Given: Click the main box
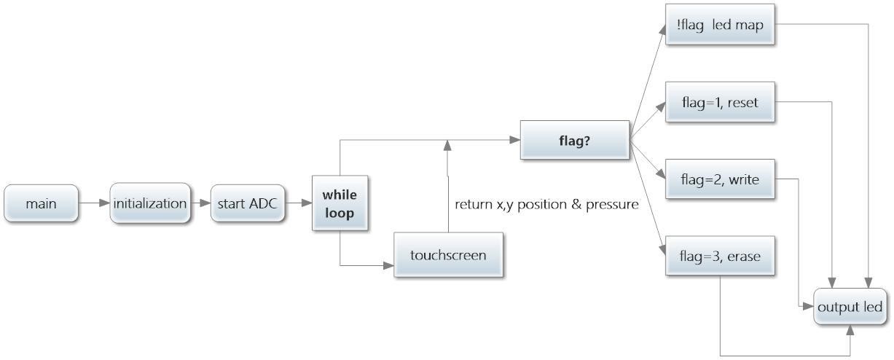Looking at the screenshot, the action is point(41,203).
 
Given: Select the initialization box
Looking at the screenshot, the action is point(150,203).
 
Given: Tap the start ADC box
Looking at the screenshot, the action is point(248,203).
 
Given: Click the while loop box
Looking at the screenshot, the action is point(340,203).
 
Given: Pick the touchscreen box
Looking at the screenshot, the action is point(448,254).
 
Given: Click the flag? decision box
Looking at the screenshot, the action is point(575,140).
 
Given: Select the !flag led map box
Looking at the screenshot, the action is point(720,24).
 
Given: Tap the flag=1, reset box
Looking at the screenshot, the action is point(720,102).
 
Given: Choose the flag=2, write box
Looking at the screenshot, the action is point(720,179).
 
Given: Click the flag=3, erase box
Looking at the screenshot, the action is point(720,256).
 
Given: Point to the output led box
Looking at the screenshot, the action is point(850,306).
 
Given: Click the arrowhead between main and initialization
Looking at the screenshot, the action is point(105,203).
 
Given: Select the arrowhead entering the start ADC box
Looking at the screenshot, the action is point(205,203).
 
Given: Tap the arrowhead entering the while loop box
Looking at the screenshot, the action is point(307,203).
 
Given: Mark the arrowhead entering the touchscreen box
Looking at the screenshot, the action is point(389,265).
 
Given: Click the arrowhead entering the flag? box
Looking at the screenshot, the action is point(515,140).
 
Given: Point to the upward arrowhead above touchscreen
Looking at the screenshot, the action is point(447,145).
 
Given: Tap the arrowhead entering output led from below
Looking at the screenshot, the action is point(850,330).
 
